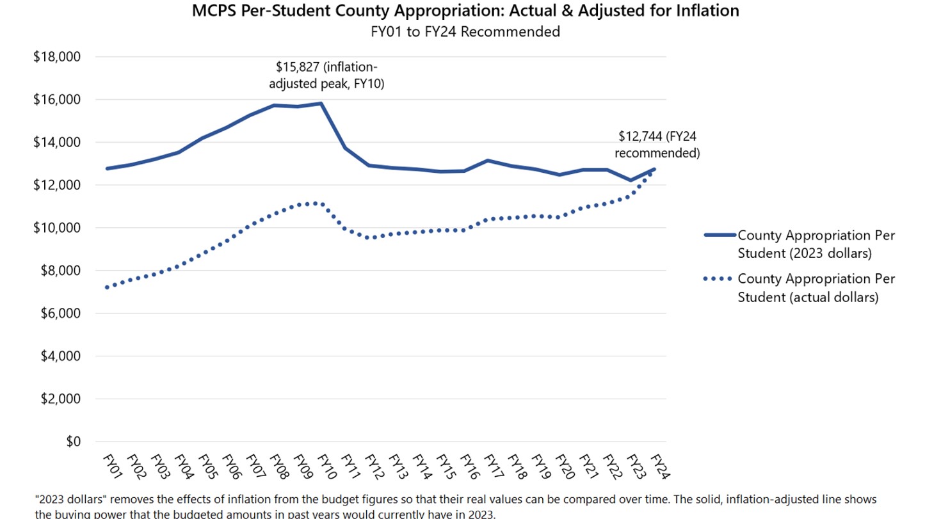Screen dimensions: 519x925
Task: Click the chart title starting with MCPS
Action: pos(465,11)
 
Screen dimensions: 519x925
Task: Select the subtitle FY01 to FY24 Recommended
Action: pos(465,31)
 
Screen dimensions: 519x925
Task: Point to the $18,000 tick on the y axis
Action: pos(57,57)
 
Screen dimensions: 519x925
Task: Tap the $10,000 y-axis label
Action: pos(57,228)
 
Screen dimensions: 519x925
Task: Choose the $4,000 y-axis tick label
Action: pos(57,356)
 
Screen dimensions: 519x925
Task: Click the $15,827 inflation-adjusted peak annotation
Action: pos(330,75)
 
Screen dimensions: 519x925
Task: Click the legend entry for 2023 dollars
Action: pos(816,244)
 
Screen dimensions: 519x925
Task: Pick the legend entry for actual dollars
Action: pos(816,288)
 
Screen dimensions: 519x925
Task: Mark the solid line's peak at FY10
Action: pos(321,103)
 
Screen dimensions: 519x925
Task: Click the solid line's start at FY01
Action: pos(106,168)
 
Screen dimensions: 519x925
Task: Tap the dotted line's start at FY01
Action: pos(106,287)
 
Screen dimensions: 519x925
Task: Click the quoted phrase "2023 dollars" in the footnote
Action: pos(69,499)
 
